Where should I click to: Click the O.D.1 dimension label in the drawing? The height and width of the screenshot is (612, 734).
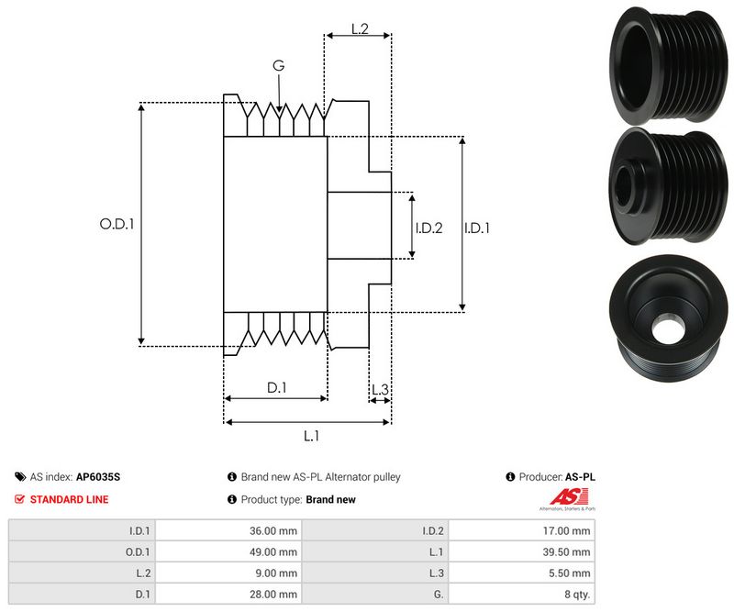pyautogui.click(x=117, y=223)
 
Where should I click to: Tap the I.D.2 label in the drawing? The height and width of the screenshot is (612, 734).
pyautogui.click(x=428, y=228)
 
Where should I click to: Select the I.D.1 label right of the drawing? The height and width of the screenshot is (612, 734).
pyautogui.click(x=476, y=228)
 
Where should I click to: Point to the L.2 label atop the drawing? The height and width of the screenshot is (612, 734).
pyautogui.click(x=359, y=29)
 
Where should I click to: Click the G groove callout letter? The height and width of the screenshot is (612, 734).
pyautogui.click(x=278, y=66)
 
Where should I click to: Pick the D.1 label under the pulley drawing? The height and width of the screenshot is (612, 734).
pyautogui.click(x=276, y=388)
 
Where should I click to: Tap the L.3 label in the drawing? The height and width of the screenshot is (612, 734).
pyautogui.click(x=380, y=390)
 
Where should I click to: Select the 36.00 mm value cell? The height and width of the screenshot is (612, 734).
pyautogui.click(x=275, y=530)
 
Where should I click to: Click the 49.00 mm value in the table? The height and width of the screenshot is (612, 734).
pyautogui.click(x=275, y=552)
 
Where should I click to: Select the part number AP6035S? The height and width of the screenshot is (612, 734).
pyautogui.click(x=98, y=477)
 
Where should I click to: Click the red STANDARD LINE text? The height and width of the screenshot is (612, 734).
pyautogui.click(x=69, y=499)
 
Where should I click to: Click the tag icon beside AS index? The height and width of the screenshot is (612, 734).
pyautogui.click(x=19, y=477)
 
